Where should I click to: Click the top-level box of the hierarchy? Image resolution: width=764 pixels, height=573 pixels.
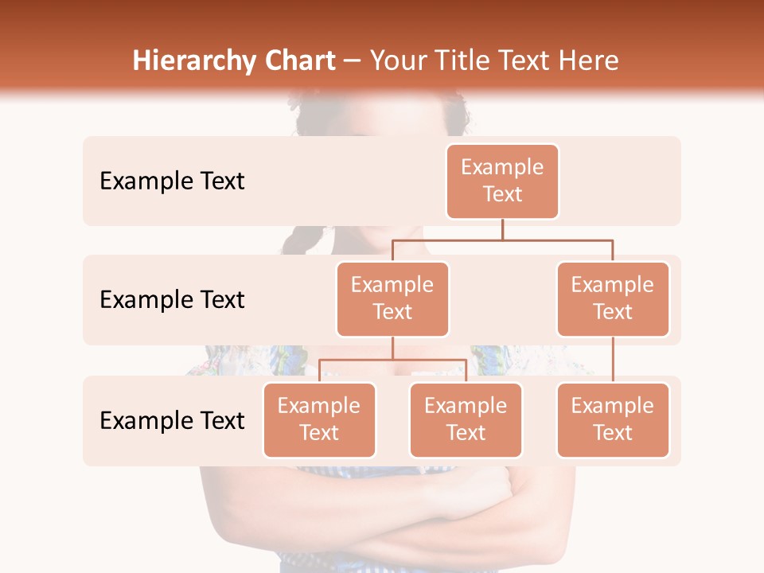tap(502, 181)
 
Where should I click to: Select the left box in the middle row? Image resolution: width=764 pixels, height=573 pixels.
tap(392, 298)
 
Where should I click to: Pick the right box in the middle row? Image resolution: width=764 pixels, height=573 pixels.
tap(613, 298)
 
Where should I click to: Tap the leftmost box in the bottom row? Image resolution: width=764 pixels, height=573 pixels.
tap(319, 419)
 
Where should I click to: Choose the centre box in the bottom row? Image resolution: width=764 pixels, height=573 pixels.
tap(466, 419)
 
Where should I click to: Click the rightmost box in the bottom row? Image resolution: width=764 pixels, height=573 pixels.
tap(613, 419)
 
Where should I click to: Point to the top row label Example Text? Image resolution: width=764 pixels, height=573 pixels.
tap(172, 181)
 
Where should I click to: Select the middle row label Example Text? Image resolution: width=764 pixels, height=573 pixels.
tap(172, 300)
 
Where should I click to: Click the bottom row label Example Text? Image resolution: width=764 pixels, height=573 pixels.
tap(172, 420)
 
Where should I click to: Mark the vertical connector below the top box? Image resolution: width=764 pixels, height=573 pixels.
tap(502, 229)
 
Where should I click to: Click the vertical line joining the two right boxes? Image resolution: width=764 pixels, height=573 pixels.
tap(613, 360)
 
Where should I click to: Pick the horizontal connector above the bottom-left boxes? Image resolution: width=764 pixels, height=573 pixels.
tap(392, 360)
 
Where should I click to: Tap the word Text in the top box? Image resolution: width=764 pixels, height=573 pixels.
tap(502, 194)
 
